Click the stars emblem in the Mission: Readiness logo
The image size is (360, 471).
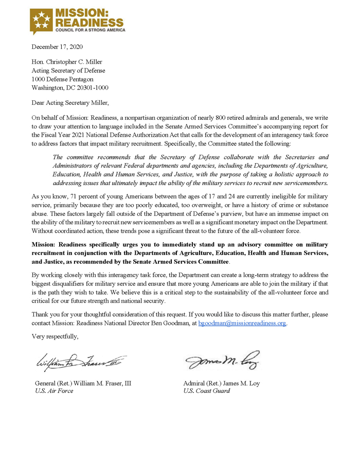[42, 20]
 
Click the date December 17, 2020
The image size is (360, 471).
[57, 47]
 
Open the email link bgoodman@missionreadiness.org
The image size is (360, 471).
[242, 323]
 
